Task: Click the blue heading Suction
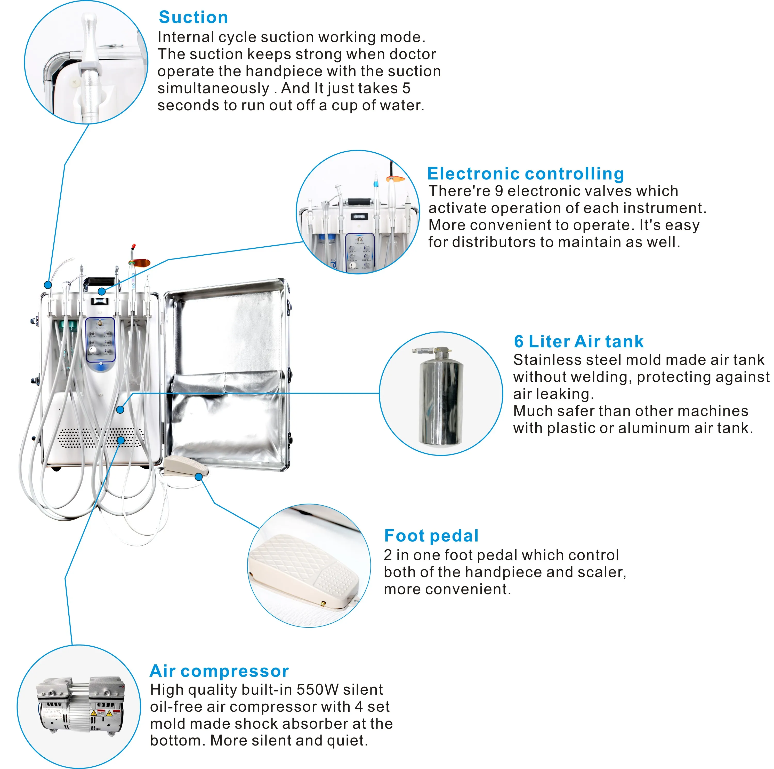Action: (193, 17)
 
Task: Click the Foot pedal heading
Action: (431, 535)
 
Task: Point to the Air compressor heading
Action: (219, 671)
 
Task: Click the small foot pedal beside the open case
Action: (184, 465)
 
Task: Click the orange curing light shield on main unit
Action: (139, 264)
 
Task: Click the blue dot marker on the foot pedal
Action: (199, 476)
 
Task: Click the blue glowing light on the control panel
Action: (100, 366)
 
